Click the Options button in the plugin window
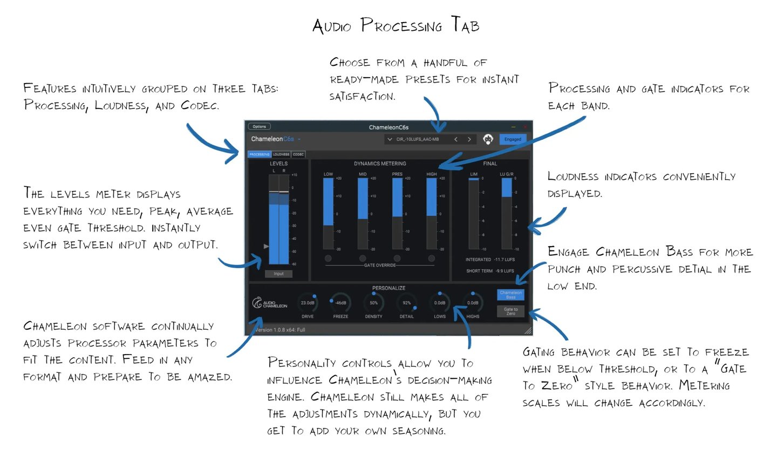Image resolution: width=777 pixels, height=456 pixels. (259, 127)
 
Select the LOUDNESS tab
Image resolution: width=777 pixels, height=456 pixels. (281, 154)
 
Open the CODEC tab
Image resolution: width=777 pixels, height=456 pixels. (298, 154)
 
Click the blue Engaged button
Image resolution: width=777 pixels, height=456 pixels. (513, 139)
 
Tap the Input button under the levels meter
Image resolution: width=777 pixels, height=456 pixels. (278, 274)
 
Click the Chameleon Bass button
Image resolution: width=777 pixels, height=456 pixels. (510, 295)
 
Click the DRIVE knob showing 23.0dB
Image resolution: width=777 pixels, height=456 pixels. (308, 303)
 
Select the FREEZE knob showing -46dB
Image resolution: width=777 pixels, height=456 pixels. (340, 303)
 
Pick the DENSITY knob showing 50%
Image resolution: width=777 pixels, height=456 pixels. (373, 303)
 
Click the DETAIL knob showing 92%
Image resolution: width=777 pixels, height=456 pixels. (407, 303)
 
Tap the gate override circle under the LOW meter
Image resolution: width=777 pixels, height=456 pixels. (328, 258)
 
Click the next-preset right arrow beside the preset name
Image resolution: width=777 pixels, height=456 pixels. (469, 139)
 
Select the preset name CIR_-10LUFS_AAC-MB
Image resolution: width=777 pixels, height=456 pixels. (418, 139)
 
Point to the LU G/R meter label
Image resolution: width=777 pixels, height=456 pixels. (507, 174)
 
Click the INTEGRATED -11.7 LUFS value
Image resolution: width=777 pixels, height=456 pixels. (490, 260)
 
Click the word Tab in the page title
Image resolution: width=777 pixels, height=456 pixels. (465, 26)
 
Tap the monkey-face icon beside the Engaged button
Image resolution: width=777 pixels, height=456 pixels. (488, 139)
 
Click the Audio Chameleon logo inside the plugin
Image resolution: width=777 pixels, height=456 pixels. (270, 303)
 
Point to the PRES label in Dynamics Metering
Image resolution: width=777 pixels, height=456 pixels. (397, 174)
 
